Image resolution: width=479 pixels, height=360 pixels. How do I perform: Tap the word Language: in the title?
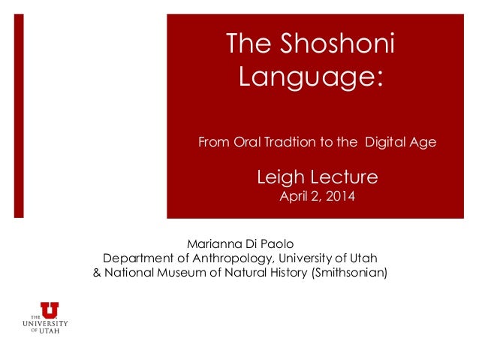click(x=310, y=77)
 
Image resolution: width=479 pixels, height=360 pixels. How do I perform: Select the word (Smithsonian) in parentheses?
click(x=349, y=272)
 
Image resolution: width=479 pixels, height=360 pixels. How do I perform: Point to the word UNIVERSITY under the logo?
click(x=45, y=323)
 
